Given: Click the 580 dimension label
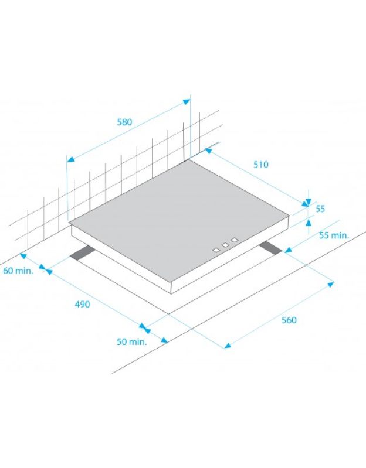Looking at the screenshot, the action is [x=124, y=122].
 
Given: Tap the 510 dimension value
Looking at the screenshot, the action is [x=261, y=165].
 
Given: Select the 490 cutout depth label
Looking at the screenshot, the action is [x=82, y=304].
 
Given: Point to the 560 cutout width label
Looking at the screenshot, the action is [x=289, y=320].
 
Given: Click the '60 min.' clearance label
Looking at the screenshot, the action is [x=18, y=271].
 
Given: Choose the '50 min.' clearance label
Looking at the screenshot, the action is [x=132, y=341].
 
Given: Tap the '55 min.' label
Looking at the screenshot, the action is [x=334, y=235].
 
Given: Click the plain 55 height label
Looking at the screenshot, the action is [x=320, y=209].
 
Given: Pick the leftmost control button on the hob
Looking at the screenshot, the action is [x=216, y=250].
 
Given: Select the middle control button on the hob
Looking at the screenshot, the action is [x=225, y=245].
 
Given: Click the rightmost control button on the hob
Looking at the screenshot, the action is [x=235, y=240].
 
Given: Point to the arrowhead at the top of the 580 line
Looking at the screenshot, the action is [x=187, y=102].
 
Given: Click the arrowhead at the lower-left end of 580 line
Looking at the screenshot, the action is [x=70, y=159].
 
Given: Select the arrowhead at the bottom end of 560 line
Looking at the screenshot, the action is [x=228, y=346].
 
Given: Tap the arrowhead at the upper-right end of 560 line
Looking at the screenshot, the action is [x=330, y=285].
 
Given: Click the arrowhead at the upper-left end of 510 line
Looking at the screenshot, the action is [x=208, y=151].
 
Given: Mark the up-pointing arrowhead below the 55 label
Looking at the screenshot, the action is [x=309, y=222].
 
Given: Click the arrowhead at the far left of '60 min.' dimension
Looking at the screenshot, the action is [x=23, y=256].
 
